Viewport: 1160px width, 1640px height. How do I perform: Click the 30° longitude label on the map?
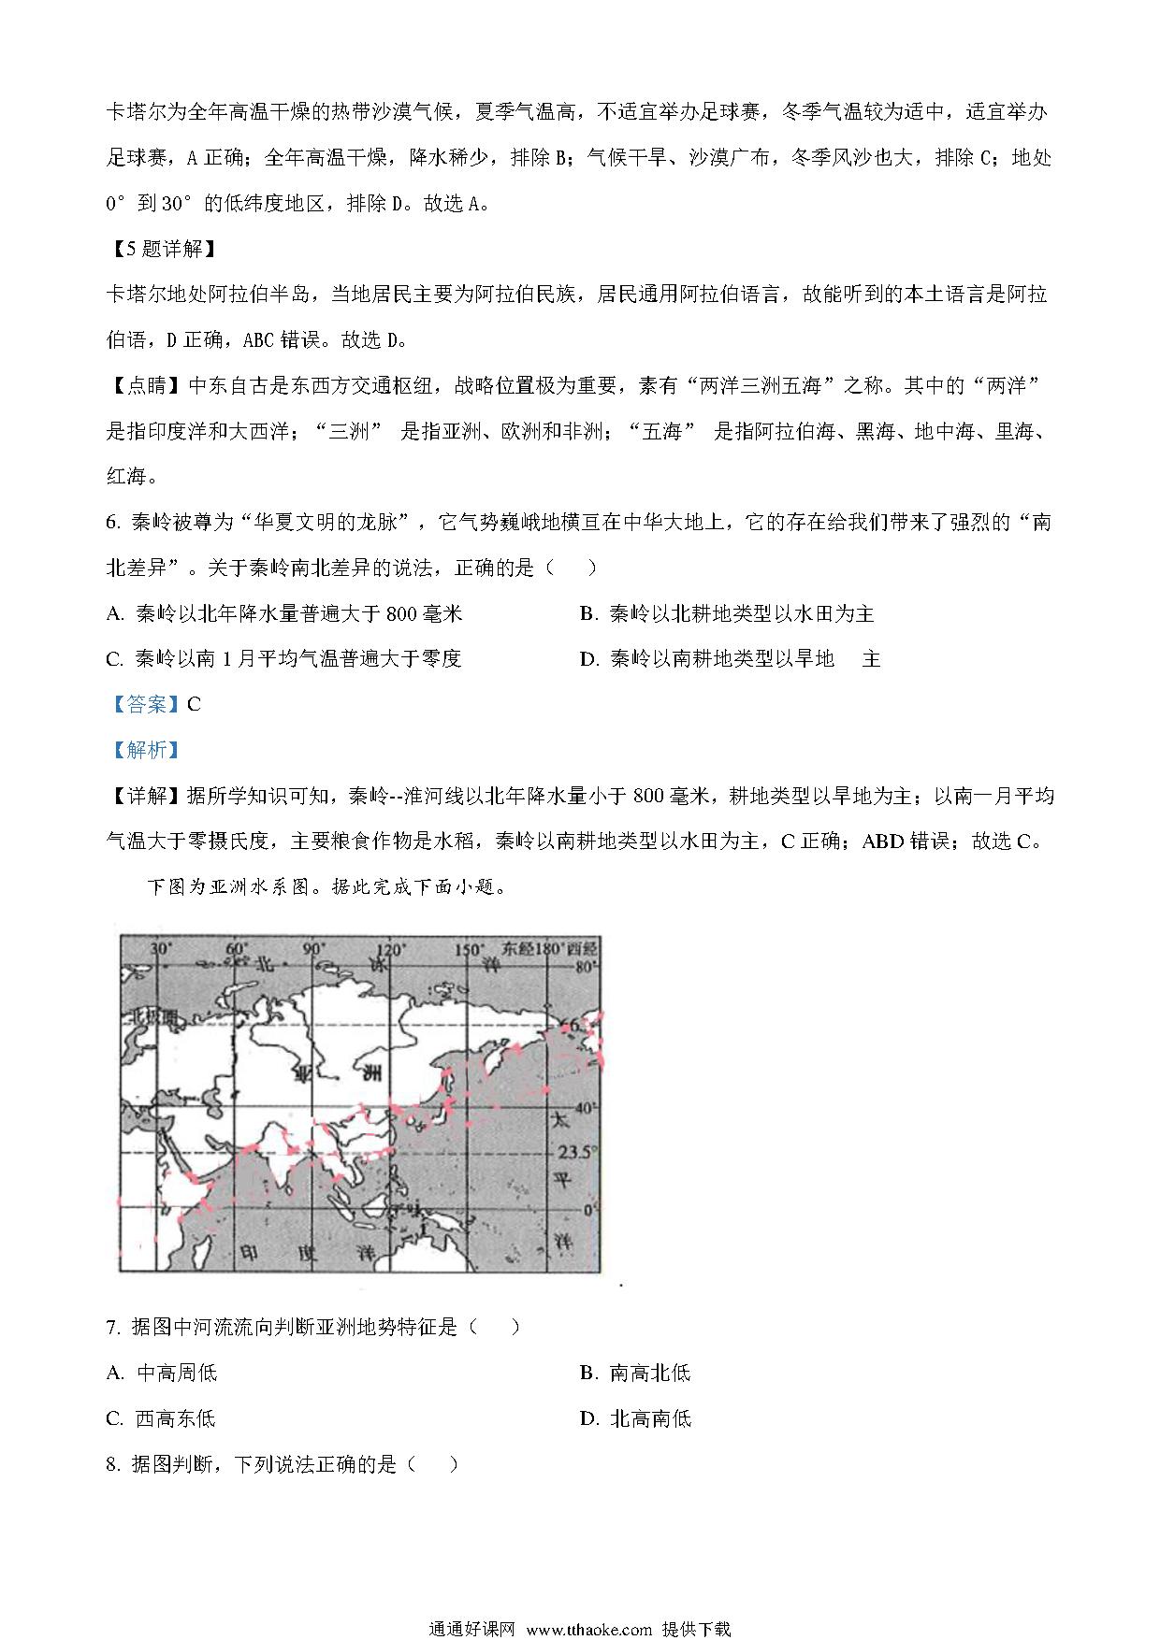pyautogui.click(x=160, y=949)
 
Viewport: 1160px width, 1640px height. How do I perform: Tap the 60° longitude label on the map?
pyautogui.click(x=237, y=949)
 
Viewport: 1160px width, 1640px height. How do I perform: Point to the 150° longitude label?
pyautogui.click(x=468, y=949)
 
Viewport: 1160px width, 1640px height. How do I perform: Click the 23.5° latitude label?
pyautogui.click(x=575, y=1152)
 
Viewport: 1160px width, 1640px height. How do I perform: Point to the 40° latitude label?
pyautogui.click(x=586, y=1109)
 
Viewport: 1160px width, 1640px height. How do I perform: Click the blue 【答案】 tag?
pyautogui.click(x=145, y=704)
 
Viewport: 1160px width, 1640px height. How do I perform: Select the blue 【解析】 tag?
pyautogui.click(x=145, y=750)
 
